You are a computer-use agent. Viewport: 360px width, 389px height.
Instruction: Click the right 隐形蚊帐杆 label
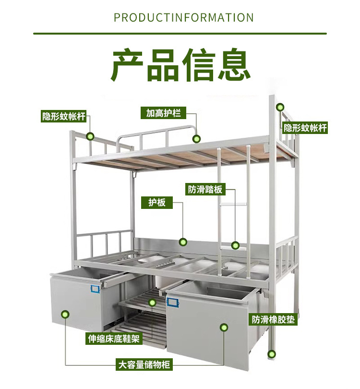(305, 128)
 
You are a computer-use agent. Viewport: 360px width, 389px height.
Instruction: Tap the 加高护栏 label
(163, 113)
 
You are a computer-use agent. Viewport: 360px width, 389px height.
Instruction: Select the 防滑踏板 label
(205, 189)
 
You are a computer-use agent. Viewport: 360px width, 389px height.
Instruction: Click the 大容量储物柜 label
(144, 365)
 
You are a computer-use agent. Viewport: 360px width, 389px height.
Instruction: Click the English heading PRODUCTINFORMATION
(184, 18)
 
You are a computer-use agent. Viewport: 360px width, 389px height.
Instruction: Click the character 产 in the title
(129, 64)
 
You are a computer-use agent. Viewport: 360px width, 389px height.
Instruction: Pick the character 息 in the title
(234, 64)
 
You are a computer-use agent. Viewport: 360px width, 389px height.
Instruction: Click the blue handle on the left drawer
(94, 288)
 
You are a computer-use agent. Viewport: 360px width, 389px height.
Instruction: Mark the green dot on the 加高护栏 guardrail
(196, 139)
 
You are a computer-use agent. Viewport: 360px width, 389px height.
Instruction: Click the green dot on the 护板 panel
(182, 242)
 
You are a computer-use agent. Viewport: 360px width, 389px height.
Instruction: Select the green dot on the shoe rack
(152, 303)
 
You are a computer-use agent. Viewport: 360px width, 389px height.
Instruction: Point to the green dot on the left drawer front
(65, 315)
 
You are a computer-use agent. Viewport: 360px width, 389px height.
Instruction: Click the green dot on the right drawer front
(224, 328)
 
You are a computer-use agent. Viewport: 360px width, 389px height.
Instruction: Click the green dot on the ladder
(235, 245)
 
